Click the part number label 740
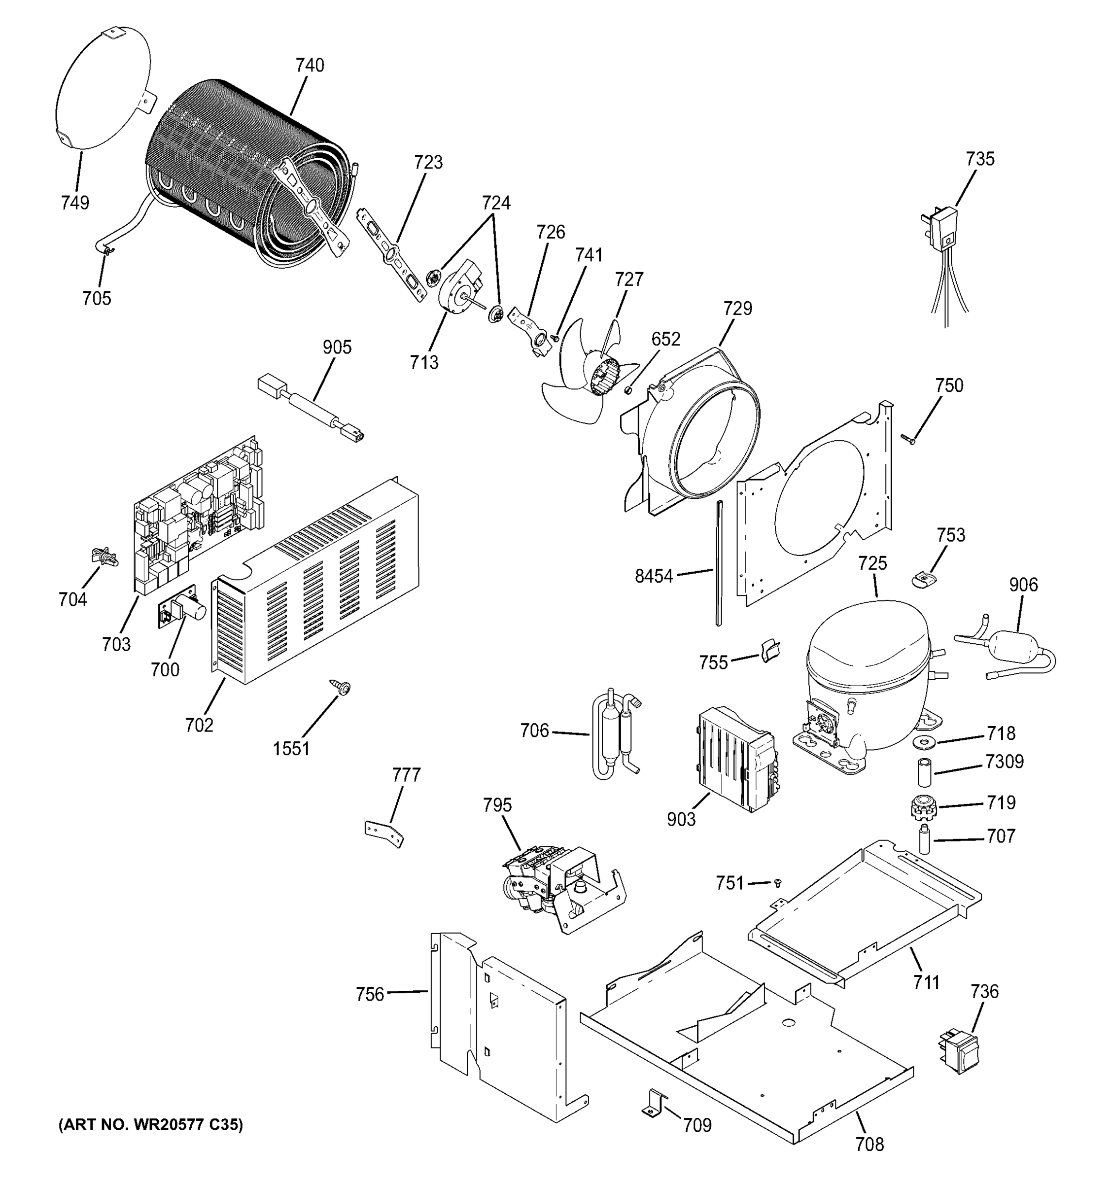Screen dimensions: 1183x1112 [x=310, y=65]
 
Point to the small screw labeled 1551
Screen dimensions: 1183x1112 [x=342, y=687]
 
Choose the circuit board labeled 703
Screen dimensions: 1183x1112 [x=196, y=518]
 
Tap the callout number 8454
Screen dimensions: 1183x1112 [x=653, y=576]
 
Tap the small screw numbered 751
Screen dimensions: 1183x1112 [x=777, y=883]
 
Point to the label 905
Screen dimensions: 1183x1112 [x=337, y=347]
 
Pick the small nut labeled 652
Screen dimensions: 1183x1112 [x=626, y=390]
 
